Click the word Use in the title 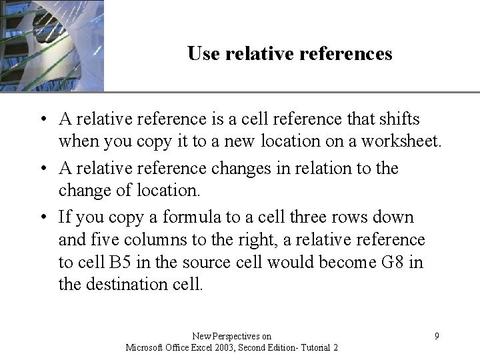point(201,53)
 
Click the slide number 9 point(437,336)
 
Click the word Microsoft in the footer point(144,347)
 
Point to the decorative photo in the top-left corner point(51,45)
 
